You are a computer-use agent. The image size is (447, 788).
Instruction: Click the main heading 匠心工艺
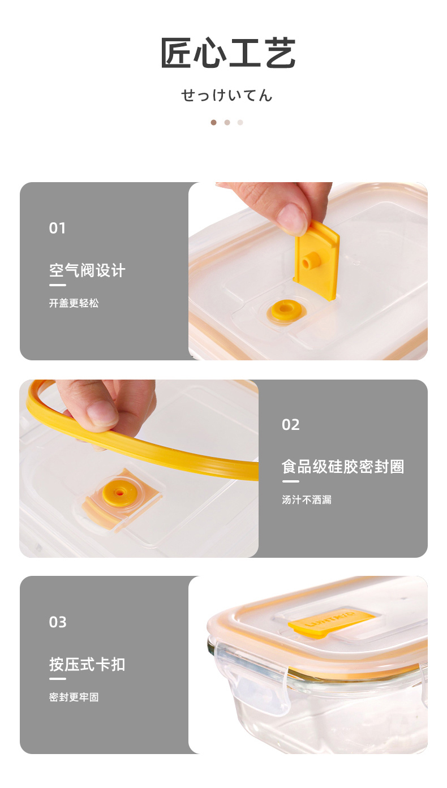(x=227, y=53)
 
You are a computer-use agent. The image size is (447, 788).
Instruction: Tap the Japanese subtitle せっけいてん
(x=227, y=96)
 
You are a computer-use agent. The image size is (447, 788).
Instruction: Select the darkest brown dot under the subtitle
(x=214, y=122)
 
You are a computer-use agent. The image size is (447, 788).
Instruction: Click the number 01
(x=57, y=229)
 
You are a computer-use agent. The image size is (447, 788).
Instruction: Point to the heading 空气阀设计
(x=87, y=270)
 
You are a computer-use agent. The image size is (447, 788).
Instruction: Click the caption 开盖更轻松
(x=74, y=303)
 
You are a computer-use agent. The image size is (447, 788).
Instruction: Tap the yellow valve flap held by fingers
(x=316, y=261)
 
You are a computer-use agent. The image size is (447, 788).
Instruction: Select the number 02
(x=291, y=425)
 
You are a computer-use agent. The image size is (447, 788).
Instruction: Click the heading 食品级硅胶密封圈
(x=343, y=467)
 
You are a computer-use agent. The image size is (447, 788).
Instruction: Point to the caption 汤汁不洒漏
(x=307, y=500)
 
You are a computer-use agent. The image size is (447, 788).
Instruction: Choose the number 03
(x=58, y=622)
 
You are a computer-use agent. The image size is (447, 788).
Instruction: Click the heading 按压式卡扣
(x=87, y=665)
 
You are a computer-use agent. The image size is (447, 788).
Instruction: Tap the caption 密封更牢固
(x=74, y=697)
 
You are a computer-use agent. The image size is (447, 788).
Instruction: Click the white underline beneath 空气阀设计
(x=57, y=285)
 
